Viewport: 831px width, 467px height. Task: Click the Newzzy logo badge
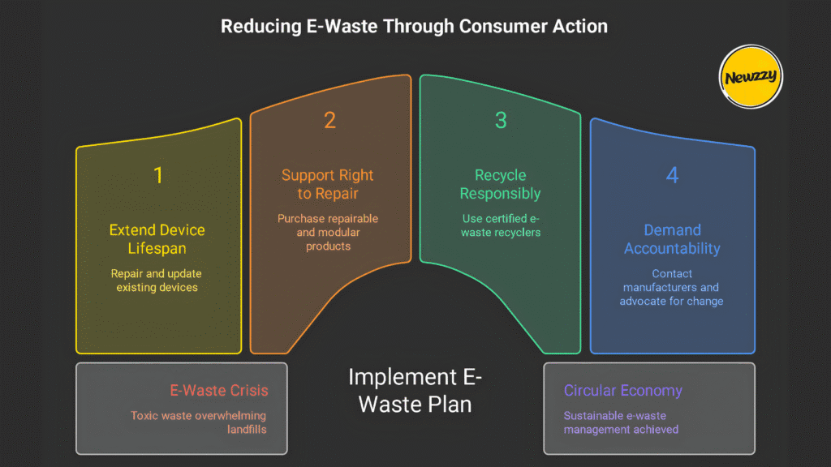750,77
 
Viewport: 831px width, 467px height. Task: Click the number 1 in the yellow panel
158,174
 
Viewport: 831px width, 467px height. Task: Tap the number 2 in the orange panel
329,121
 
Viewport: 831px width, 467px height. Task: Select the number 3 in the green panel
501,121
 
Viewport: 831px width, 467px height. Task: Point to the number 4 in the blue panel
672,175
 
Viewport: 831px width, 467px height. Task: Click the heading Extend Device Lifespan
158,239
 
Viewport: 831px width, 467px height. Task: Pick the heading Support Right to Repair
328,184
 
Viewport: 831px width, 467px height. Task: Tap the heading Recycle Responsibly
500,184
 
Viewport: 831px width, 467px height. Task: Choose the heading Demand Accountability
672,239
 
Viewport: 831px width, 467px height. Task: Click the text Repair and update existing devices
158,281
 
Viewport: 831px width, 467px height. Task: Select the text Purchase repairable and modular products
328,232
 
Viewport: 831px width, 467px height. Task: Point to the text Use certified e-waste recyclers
500,225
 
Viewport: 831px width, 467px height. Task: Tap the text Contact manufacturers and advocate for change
672,287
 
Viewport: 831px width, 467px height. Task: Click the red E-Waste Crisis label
219,391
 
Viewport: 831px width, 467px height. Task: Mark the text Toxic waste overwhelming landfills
200,422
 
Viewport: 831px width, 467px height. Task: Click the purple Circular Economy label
622,391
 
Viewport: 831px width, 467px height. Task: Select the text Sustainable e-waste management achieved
621,422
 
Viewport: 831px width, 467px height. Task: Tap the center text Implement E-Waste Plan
415,390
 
